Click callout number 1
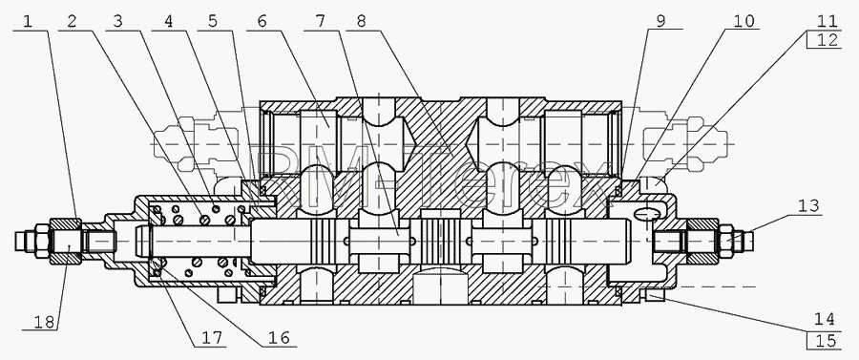[x=29, y=21]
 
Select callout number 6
[x=262, y=21]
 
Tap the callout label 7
[x=320, y=21]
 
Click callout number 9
[x=661, y=21]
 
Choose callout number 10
[x=743, y=21]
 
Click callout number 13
[x=808, y=206]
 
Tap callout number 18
[x=44, y=322]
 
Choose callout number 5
[x=212, y=21]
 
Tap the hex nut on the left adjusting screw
[x=66, y=241]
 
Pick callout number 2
[x=72, y=21]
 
